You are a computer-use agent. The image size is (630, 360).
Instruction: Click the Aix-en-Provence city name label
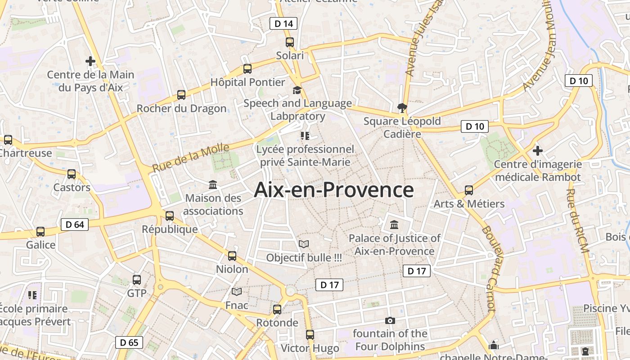pos(333,190)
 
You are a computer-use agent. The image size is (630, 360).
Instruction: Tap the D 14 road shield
pos(283,23)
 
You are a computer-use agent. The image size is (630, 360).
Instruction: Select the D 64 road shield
pos(75,224)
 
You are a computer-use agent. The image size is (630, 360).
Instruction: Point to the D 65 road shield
pos(129,342)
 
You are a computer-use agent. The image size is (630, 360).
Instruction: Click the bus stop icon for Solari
pos(290,42)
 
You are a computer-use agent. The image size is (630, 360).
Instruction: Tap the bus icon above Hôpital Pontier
pos(247,69)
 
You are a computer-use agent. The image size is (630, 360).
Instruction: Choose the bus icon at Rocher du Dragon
pos(181,95)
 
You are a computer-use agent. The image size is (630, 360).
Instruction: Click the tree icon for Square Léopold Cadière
pos(402,108)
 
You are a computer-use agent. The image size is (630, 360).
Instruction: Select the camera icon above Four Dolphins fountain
pos(390,320)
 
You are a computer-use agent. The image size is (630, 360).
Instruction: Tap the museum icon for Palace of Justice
pos(394,225)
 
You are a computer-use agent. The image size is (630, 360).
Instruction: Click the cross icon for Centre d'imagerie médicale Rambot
pos(537,150)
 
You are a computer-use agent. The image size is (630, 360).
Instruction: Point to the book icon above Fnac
pos(237,292)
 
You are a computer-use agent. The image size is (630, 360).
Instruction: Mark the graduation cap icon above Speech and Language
pos(297,90)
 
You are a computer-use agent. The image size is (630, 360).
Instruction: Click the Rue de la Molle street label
pos(191,157)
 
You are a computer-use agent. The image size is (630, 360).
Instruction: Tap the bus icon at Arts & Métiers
pos(469,190)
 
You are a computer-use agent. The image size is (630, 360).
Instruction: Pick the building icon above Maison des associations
pos(213,184)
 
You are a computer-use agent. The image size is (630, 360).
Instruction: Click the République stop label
pos(170,229)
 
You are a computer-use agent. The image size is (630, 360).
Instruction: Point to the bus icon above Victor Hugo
pos(310,335)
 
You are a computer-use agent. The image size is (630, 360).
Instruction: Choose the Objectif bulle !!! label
pos(304,258)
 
